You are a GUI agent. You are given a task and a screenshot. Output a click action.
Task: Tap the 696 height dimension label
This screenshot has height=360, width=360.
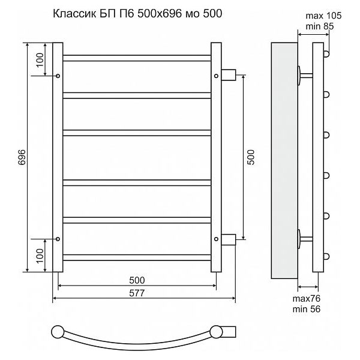(22, 157)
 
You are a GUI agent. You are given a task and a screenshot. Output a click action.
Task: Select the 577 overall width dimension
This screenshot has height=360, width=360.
(137, 293)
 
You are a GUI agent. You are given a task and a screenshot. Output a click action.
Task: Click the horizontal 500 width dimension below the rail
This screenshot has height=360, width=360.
(137, 280)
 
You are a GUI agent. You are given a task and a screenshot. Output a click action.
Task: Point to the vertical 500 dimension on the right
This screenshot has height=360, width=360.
(251, 157)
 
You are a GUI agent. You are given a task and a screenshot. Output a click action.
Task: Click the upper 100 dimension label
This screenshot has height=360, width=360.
(40, 59)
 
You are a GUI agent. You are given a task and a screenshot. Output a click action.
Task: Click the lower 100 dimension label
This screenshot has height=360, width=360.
(40, 256)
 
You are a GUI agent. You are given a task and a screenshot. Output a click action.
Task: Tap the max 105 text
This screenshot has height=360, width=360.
(323, 16)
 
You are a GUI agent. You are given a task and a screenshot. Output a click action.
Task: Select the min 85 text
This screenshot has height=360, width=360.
(320, 26)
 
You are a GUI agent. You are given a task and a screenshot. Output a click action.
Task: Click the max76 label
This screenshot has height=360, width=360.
(306, 299)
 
